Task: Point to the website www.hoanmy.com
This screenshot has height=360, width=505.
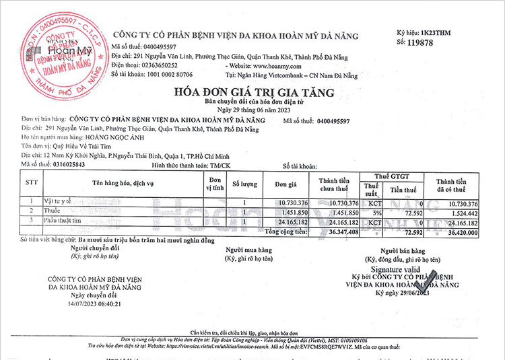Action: [270, 66]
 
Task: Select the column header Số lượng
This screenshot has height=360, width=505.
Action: [244, 183]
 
